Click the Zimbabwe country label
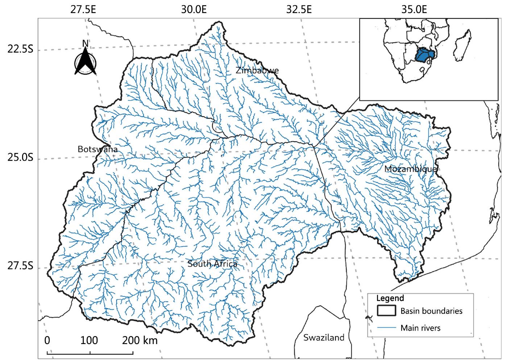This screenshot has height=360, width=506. coord(257,70)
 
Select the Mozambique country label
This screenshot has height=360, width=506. coord(411,169)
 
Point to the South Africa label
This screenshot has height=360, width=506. coord(212,264)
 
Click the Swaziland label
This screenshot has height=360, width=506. coord(324,338)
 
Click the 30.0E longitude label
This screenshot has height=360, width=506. coord(194,9)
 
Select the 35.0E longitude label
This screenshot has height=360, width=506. coord(413,9)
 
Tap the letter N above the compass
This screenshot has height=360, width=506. coord(85,43)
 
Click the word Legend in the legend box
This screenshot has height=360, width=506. coord(390,298)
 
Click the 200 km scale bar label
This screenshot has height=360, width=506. coord(140,340)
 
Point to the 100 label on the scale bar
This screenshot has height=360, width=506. coord(89,340)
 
